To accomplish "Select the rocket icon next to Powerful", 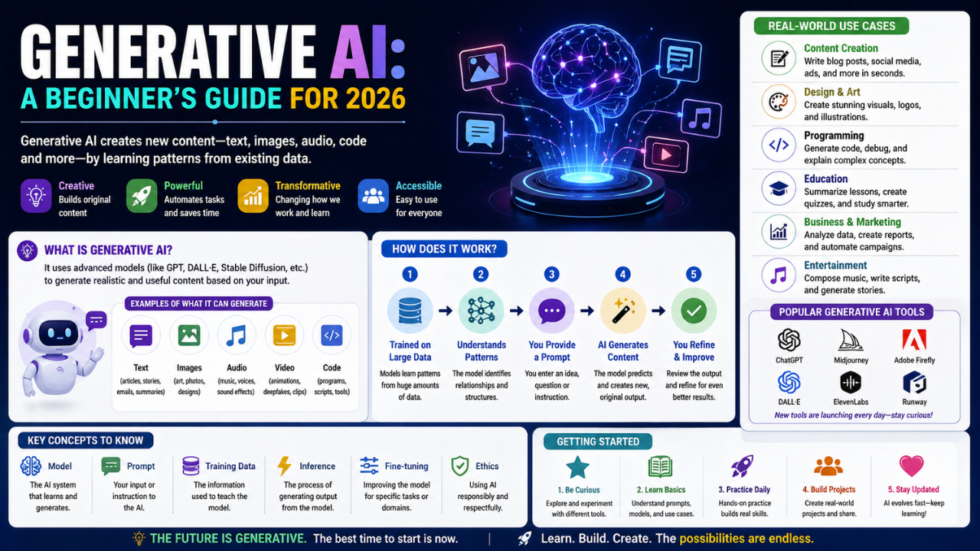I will (142, 196).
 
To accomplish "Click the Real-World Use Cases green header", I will (831, 26).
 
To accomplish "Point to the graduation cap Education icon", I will (778, 188).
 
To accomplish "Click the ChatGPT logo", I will (789, 340).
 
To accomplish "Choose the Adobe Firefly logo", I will (914, 340).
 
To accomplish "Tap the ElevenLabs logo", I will (851, 382).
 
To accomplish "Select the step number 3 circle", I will (551, 274).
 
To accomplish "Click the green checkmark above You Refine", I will (694, 310).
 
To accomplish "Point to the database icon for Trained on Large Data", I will (410, 310).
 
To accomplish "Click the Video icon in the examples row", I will (284, 335).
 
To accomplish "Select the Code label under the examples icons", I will (332, 367).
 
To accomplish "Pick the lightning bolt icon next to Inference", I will (284, 465).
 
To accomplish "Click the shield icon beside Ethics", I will (459, 465).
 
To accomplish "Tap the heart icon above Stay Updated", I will (911, 467).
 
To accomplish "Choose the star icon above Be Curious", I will (577, 467).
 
